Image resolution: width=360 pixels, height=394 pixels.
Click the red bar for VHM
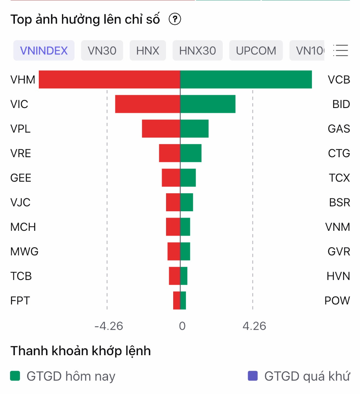(109, 80)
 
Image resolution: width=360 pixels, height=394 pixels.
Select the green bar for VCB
(246, 80)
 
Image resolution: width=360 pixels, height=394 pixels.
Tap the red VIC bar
(148, 104)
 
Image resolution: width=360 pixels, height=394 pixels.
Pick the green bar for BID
(208, 104)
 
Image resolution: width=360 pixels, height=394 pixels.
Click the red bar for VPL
(161, 129)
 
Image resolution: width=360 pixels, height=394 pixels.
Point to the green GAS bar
(194, 129)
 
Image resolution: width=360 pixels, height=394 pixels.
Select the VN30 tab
(102, 51)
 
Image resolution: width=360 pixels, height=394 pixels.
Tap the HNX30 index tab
(198, 51)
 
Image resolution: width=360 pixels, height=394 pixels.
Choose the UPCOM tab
(256, 51)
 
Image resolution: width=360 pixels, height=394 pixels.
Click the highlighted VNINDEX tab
(44, 51)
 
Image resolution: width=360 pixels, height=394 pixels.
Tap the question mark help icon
(175, 19)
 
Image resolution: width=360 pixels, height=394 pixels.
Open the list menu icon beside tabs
(340, 50)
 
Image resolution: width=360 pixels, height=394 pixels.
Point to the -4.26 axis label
(108, 326)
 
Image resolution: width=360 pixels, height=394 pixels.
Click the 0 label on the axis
(182, 326)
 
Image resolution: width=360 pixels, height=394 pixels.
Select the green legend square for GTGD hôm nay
(15, 376)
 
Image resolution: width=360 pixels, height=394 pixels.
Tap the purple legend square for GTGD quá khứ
(253, 376)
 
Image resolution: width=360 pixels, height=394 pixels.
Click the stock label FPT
(20, 300)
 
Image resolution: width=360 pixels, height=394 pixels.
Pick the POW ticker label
(337, 300)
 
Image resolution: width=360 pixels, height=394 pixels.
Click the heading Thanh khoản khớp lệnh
(81, 351)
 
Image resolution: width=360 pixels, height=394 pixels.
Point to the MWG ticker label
(24, 252)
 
